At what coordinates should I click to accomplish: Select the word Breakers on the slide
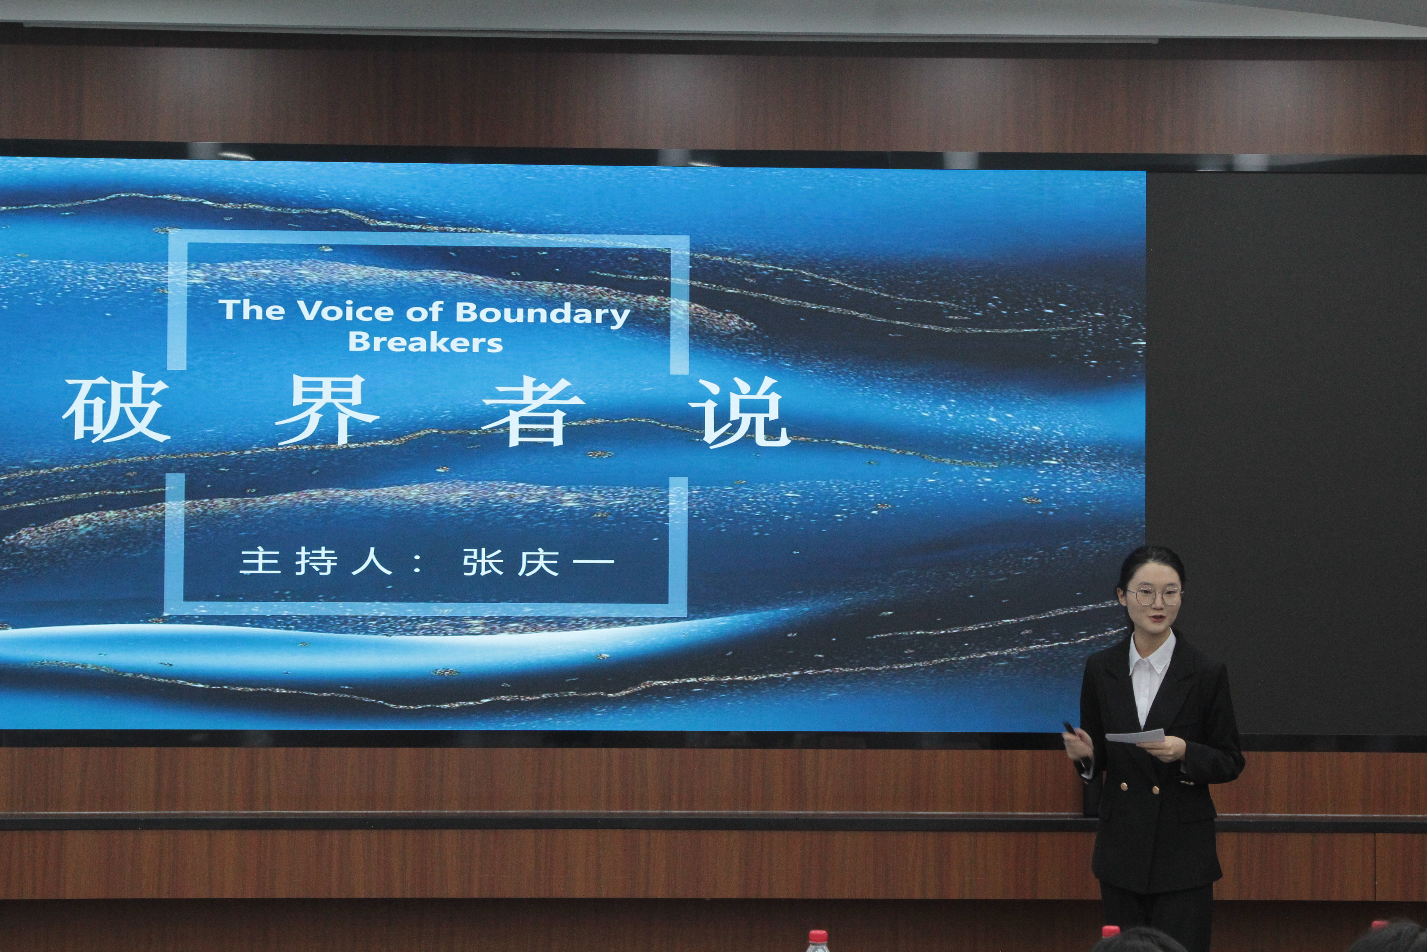tap(425, 342)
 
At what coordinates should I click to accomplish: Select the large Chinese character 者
tap(534, 411)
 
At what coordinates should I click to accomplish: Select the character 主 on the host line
tap(260, 560)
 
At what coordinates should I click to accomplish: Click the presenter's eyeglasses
tap(1154, 596)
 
